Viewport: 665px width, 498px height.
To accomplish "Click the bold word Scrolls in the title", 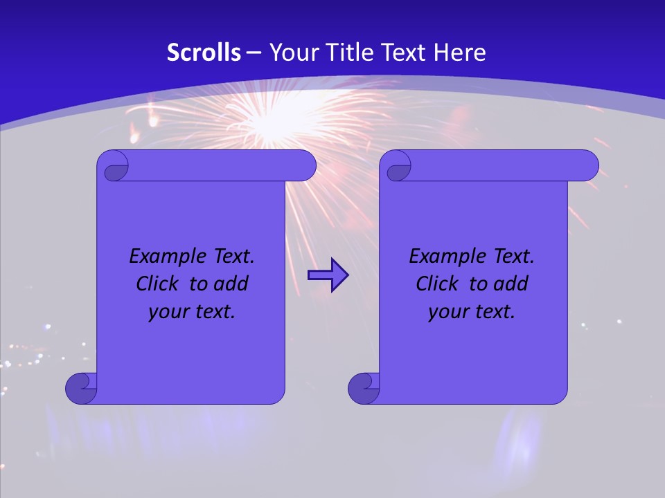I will tap(204, 53).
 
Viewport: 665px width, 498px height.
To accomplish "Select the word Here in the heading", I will tap(459, 53).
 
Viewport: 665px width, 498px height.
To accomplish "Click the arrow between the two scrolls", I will tap(328, 275).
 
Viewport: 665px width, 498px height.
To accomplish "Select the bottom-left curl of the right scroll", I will tap(364, 388).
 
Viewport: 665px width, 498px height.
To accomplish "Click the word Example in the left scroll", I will tap(164, 257).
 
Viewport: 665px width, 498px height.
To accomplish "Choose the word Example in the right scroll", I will tap(444, 257).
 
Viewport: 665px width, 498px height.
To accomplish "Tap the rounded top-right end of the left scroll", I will tap(305, 166).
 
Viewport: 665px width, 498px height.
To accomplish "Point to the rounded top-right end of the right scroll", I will tap(587, 166).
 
